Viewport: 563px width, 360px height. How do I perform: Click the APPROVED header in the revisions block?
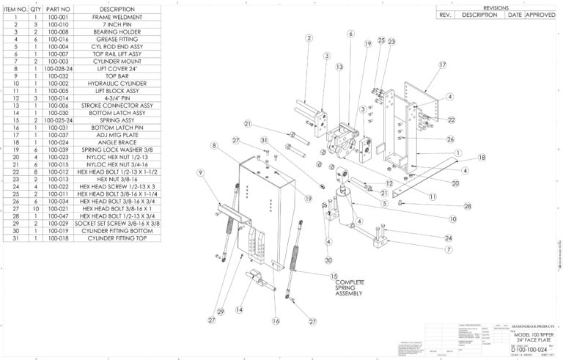[541, 14]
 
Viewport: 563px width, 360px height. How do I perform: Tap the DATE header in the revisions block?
[515, 14]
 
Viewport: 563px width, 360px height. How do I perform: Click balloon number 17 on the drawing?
[443, 65]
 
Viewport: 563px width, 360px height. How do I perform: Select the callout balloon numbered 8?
[213, 147]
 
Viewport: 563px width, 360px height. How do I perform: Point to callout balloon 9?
[199, 172]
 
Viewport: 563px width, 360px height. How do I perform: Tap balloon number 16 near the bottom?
[276, 320]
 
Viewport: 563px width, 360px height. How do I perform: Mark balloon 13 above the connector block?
[340, 67]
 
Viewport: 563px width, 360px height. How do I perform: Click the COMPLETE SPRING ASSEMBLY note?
[350, 287]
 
